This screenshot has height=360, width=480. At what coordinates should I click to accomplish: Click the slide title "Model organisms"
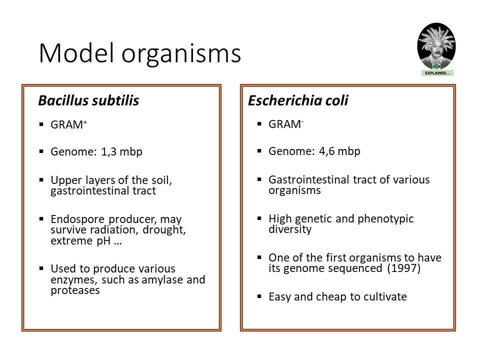coord(140,54)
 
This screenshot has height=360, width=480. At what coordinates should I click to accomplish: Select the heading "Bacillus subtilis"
coord(88,100)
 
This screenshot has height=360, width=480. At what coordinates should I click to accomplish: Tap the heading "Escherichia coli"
coord(298,100)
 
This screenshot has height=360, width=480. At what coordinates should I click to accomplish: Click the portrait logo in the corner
coord(436,46)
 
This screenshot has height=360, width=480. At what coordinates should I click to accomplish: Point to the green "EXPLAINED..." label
coord(437,73)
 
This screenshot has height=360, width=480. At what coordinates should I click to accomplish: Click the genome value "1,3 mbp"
coord(121,152)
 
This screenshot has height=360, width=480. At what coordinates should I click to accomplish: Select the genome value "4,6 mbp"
coord(339,151)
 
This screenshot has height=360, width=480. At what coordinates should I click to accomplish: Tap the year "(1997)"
coord(404,268)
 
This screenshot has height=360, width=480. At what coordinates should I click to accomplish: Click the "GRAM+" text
coord(69,124)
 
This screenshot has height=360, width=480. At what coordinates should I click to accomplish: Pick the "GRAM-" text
coord(286,124)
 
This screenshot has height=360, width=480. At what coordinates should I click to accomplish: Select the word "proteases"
coord(75,290)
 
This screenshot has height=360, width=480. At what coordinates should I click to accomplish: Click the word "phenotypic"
coord(385,219)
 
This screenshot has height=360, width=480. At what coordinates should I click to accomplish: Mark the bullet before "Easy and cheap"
coord(259,296)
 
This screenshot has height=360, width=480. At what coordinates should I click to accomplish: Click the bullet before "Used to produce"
coord(41,268)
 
